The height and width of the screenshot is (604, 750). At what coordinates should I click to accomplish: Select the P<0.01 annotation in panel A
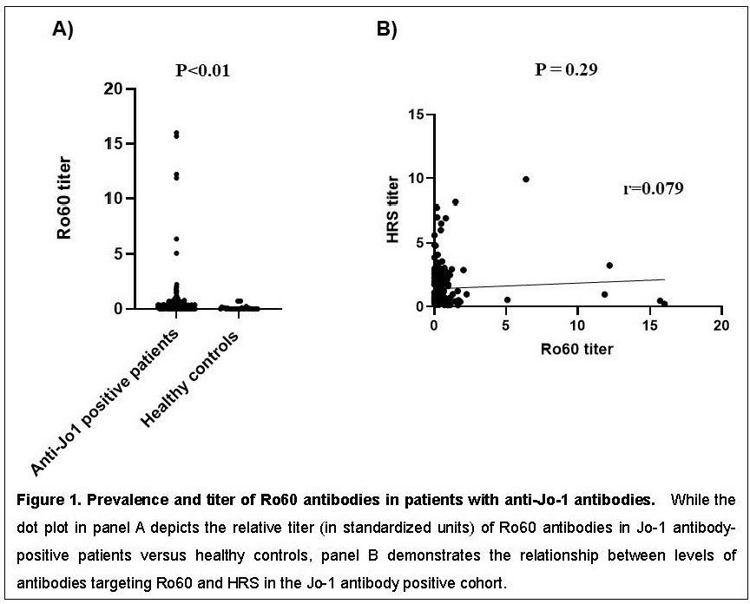203,70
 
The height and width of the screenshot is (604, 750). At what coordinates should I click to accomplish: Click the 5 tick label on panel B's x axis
505,324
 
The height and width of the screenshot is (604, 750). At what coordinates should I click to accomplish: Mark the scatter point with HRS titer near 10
526,179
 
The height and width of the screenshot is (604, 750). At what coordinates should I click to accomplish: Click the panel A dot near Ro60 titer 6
176,239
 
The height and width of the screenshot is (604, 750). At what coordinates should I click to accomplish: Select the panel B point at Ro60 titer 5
507,299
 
